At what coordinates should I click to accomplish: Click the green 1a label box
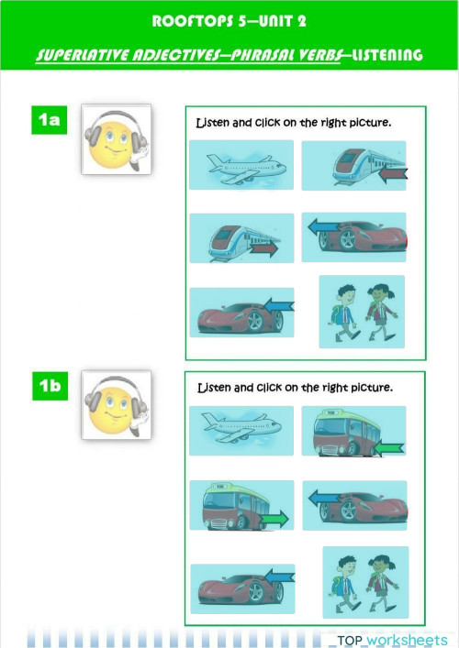(50, 120)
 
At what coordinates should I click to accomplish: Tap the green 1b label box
(50, 386)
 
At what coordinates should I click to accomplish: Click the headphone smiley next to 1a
(117, 139)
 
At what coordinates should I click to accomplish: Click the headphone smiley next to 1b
(117, 405)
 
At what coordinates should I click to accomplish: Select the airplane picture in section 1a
(241, 165)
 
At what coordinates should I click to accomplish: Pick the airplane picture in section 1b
(241, 431)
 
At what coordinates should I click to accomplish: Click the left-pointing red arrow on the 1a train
(393, 175)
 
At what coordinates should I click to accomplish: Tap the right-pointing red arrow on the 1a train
(264, 249)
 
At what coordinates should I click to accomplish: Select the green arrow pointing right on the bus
(274, 518)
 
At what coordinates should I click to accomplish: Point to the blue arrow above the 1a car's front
(324, 227)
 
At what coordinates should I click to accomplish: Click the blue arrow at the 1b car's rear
(279, 577)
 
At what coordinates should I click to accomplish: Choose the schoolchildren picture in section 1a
(362, 312)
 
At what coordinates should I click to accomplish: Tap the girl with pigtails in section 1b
(382, 583)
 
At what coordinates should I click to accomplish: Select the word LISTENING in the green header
(387, 55)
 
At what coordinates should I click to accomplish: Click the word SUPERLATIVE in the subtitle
(83, 55)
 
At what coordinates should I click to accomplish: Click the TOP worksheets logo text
(392, 640)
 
